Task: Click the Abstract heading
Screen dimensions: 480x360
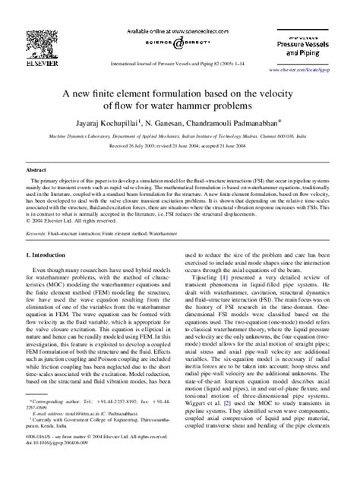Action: click(x=39, y=172)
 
